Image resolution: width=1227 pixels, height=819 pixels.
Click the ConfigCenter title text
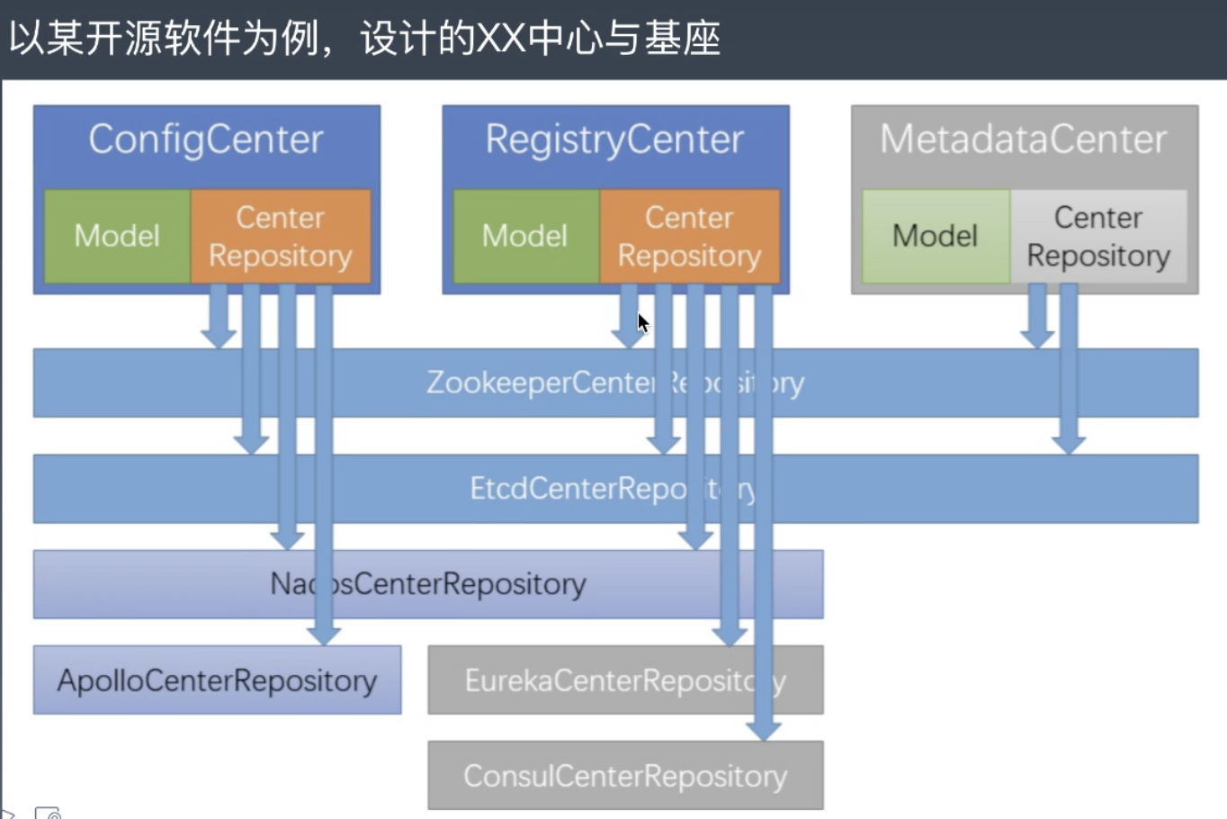click(x=206, y=139)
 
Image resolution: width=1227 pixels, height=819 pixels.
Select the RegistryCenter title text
click(x=614, y=139)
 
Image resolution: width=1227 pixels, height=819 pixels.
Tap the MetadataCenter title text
click(x=1024, y=139)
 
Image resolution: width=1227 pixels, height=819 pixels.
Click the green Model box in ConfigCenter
click(x=117, y=236)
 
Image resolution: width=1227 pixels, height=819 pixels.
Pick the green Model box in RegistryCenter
click(x=525, y=236)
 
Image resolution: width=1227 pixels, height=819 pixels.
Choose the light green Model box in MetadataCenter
click(x=936, y=236)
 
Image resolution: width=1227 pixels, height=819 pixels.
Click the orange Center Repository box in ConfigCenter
click(x=281, y=236)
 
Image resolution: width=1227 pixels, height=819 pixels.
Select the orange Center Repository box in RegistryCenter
click(x=689, y=236)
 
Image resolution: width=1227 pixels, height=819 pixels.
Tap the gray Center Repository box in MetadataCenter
click(x=1098, y=236)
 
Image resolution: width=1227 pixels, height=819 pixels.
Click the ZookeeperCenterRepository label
click(x=615, y=382)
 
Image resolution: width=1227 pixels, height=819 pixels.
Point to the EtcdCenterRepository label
click(x=612, y=489)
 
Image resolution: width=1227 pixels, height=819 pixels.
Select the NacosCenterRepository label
click(x=428, y=584)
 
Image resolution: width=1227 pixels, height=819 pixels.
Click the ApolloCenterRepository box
click(x=217, y=680)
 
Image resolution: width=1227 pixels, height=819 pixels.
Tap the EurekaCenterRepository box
click(x=625, y=680)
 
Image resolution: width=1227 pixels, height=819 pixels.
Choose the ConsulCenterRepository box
click(x=625, y=776)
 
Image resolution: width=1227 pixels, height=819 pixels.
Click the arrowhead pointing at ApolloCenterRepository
click(x=324, y=635)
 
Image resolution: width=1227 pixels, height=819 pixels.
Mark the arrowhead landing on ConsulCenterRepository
click(x=764, y=731)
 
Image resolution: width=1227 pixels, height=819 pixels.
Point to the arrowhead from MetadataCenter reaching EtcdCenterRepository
click(x=1069, y=445)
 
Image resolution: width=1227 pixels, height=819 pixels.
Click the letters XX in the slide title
click(x=501, y=39)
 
